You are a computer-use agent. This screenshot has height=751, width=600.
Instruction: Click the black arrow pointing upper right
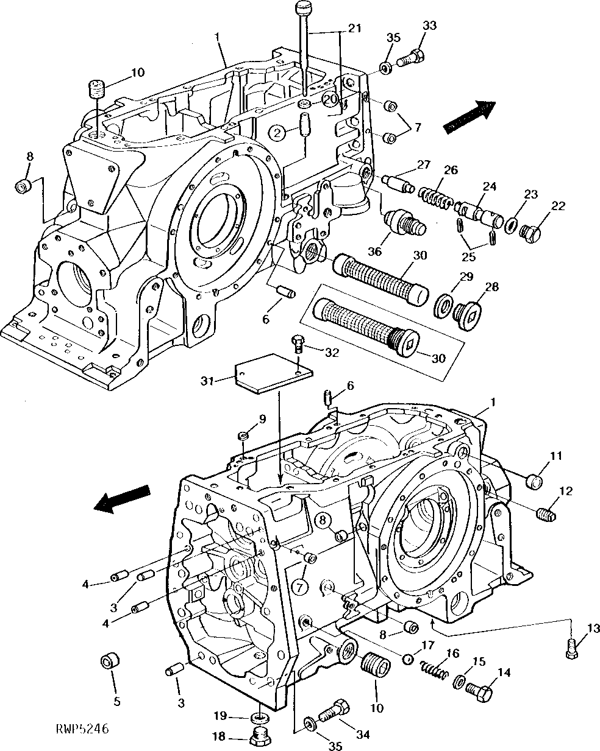pos(469,115)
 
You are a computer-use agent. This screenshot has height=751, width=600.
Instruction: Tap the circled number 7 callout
pos(299,587)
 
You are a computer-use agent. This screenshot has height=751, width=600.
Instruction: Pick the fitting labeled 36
pos(404,222)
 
